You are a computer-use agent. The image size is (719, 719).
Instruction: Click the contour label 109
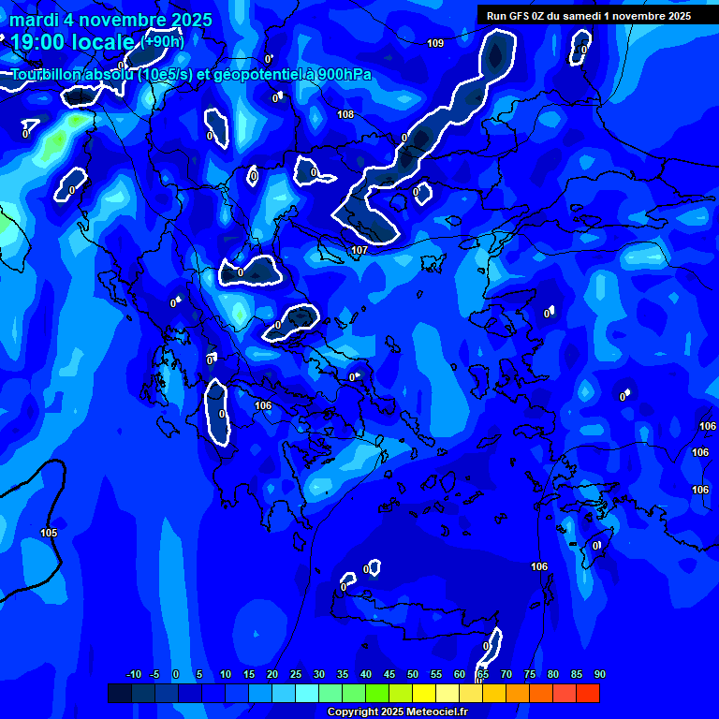[435, 43]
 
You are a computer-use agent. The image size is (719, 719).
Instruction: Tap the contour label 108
[346, 114]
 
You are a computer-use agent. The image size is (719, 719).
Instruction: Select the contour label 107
[359, 250]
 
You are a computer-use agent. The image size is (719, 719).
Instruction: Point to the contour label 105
[49, 533]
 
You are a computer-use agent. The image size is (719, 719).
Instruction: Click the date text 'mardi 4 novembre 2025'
[110, 20]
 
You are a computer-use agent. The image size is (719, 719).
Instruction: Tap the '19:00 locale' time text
[72, 41]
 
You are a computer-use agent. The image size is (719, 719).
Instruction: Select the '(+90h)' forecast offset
[163, 41]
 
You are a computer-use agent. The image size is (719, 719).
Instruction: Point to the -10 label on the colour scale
[133, 674]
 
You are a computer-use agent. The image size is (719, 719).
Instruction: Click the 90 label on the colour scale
[599, 674]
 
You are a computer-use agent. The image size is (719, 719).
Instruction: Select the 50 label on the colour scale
[412, 674]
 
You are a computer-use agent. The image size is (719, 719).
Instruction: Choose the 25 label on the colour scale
[295, 674]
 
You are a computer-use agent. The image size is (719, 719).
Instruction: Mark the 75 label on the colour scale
[530, 674]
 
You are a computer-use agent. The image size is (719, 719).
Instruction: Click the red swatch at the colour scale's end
[588, 693]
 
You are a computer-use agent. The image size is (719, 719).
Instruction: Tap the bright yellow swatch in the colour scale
[423, 693]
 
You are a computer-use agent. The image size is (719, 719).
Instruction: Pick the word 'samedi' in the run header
[583, 15]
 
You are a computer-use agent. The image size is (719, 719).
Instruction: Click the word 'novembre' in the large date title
[122, 20]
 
